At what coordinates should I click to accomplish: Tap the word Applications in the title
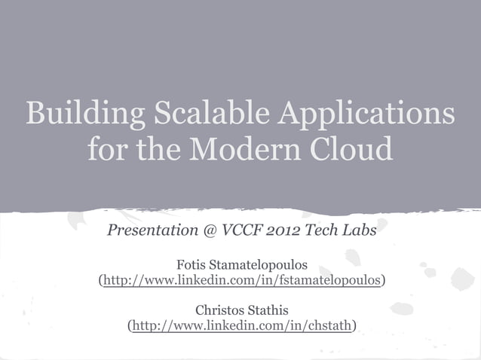[x=367, y=114]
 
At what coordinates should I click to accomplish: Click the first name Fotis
[x=191, y=266]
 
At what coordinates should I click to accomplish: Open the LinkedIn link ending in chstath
[x=241, y=325]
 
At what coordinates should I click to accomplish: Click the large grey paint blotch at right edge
[x=461, y=279]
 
